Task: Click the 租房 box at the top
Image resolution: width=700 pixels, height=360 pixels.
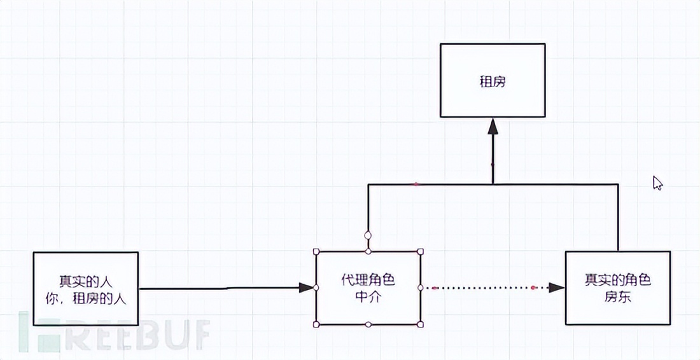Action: tap(493, 81)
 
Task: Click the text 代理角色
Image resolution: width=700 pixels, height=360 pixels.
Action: tap(368, 280)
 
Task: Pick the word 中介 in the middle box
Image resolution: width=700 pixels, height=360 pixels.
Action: tap(368, 296)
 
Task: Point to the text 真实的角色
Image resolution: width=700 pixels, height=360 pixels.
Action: tap(618, 280)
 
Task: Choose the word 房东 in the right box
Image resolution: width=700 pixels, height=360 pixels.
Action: tap(618, 296)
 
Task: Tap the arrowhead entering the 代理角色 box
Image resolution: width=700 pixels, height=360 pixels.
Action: tap(308, 287)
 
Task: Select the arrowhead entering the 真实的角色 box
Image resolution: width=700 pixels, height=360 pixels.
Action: tap(557, 287)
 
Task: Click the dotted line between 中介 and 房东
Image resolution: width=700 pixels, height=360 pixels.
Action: tap(484, 287)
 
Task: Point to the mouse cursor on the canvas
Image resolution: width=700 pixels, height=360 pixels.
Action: tap(657, 183)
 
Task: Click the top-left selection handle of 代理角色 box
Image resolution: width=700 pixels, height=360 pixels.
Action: tap(316, 252)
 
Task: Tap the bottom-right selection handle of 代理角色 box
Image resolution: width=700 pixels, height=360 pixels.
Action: tap(421, 324)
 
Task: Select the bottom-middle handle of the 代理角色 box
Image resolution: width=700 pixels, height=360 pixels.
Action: tap(368, 324)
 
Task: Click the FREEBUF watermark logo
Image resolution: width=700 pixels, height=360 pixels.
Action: tap(115, 333)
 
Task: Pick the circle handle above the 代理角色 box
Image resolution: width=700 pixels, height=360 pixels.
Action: tap(368, 235)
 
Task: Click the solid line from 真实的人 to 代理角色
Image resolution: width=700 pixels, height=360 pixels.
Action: tap(223, 288)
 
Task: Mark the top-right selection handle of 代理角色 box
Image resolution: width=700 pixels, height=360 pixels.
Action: tap(421, 252)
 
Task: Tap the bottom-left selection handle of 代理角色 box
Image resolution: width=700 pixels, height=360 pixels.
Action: tap(316, 324)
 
